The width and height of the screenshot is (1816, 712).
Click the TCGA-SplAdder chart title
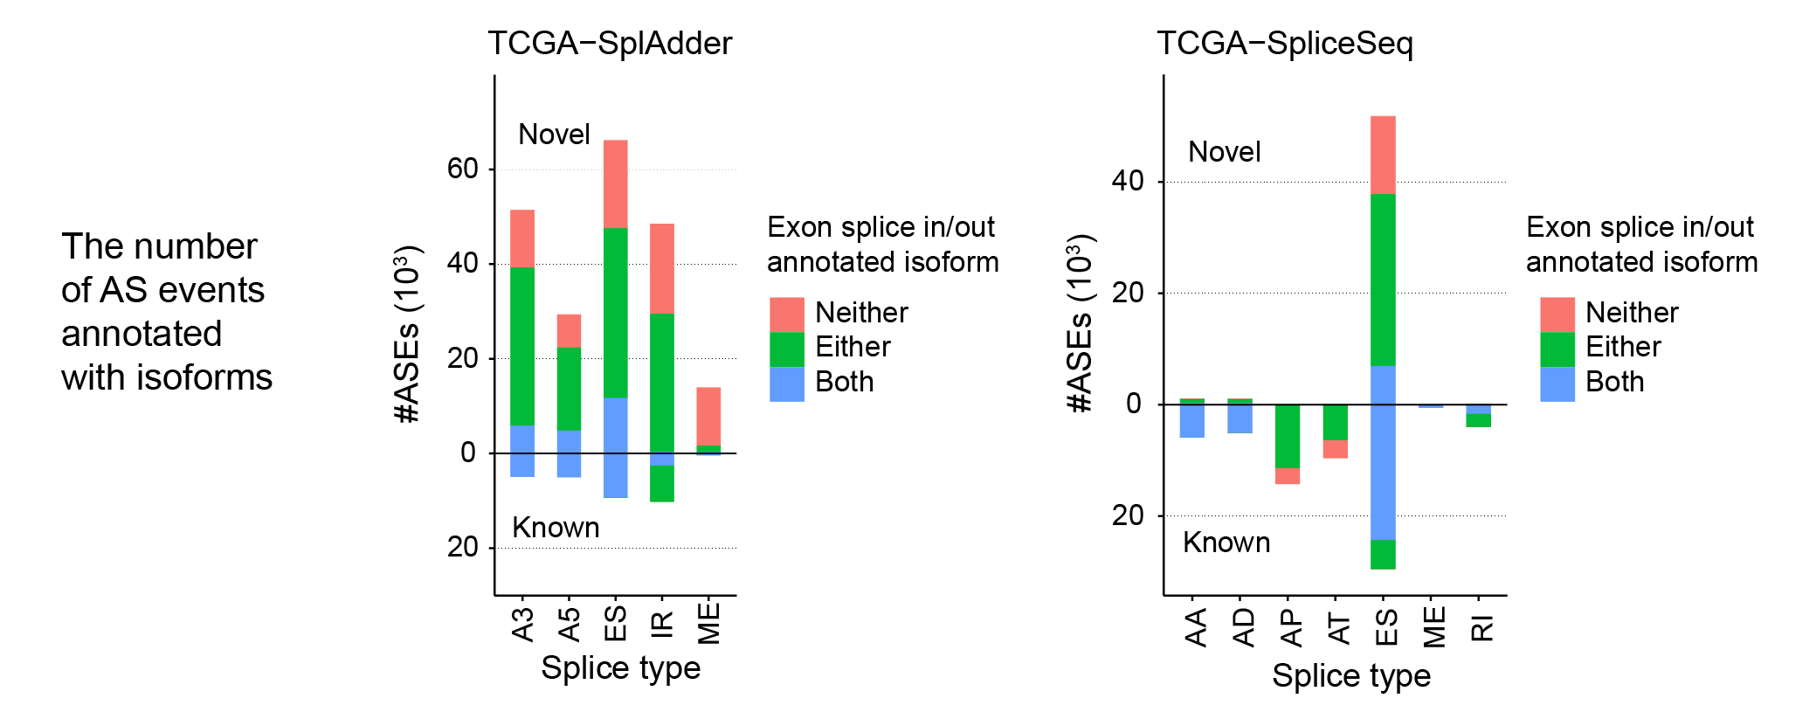click(x=609, y=44)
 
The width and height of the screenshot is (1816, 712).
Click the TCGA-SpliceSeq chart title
click(x=1284, y=44)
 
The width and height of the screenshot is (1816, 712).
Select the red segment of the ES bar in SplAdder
click(x=615, y=183)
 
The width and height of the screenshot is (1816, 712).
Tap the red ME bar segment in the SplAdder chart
click(x=708, y=416)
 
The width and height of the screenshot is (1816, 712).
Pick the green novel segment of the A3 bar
click(x=522, y=346)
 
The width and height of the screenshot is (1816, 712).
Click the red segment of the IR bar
click(x=662, y=268)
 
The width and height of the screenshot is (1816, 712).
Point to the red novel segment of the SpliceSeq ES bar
click(x=1383, y=155)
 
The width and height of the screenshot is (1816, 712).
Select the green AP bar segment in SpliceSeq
click(x=1288, y=436)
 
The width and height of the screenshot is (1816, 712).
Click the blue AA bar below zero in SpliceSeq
click(x=1192, y=420)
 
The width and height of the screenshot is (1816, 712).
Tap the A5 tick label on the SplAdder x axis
click(x=569, y=625)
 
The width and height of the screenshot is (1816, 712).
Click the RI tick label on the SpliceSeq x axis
click(x=1481, y=627)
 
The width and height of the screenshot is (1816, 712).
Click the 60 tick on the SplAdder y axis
click(x=462, y=169)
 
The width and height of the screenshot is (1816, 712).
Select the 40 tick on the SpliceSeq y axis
click(x=1128, y=181)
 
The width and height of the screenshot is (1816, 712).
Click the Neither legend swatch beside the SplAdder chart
click(x=786, y=315)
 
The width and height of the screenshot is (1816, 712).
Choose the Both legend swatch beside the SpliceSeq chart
click(x=1557, y=384)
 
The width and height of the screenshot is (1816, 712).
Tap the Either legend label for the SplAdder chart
click(x=852, y=347)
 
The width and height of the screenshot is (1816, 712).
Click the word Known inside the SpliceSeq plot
click(x=1226, y=543)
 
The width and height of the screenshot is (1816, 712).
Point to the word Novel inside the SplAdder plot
click(x=554, y=135)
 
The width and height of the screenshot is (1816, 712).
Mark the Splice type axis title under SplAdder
click(x=620, y=668)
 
